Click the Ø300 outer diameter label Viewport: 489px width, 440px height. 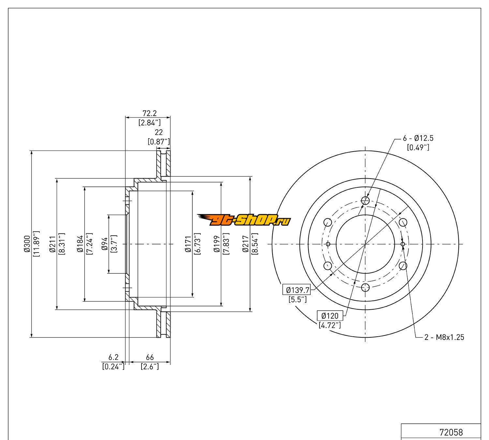pos(27,244)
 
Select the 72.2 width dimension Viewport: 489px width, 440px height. pos(150,113)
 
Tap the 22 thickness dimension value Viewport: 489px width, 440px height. pos(159,132)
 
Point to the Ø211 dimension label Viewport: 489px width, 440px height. pos(52,244)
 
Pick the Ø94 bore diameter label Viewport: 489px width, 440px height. pos(105,244)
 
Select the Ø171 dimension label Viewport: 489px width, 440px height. pos(188,244)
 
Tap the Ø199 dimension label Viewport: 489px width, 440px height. pos(217,244)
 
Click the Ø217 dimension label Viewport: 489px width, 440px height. pos(245,244)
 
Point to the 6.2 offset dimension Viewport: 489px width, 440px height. pos(113,358)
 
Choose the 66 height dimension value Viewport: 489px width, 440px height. pos(150,358)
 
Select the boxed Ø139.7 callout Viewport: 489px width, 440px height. pos(296,289)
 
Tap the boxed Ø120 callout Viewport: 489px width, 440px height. pos(330,315)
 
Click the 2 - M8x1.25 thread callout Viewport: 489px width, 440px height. pos(444,337)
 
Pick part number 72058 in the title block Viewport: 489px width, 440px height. pos(451,432)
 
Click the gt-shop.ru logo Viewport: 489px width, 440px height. pos(244,221)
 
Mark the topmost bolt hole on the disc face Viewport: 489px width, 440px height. pos(366,200)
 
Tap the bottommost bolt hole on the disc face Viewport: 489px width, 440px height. pos(365,287)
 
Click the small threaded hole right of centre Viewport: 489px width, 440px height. pos(403,244)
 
